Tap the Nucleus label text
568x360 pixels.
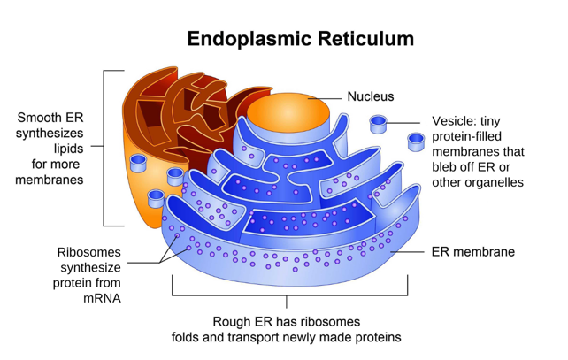[370, 96]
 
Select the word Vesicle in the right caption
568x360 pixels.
[455, 121]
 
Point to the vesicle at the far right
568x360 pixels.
[416, 142]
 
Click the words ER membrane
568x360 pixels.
[472, 252]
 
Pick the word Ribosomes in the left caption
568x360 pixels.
[89, 251]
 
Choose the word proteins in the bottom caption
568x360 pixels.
[377, 337]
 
